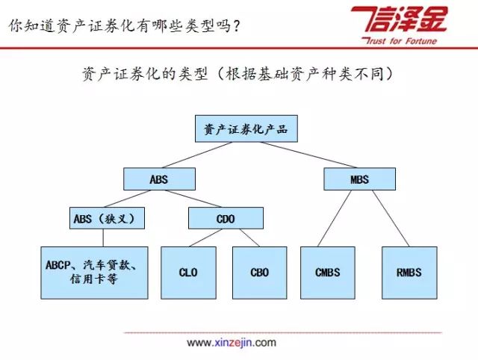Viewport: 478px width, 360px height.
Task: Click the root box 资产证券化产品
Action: pyautogui.click(x=246, y=128)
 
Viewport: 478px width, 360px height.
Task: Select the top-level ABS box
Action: pyautogui.click(x=159, y=179)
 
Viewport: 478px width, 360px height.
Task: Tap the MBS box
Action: pyautogui.click(x=360, y=179)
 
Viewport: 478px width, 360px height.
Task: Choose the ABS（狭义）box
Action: pyautogui.click(x=107, y=218)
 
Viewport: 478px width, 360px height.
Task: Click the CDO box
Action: pyautogui.click(x=226, y=218)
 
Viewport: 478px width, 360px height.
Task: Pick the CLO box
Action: pyautogui.click(x=188, y=273)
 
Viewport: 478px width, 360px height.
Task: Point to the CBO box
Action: pyautogui.click(x=260, y=273)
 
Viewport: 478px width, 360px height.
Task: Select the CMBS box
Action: pyautogui.click(x=328, y=273)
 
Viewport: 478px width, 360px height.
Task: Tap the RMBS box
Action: pyautogui.click(x=409, y=273)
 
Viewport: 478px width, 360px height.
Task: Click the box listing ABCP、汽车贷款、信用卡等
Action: pyautogui.click(x=95, y=273)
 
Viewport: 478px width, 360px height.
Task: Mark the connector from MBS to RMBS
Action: pyautogui.click(x=391, y=218)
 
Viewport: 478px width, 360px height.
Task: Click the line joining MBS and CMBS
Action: pyautogui.click(x=335, y=218)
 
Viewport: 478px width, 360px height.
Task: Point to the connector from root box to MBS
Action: pyautogui.click(x=308, y=155)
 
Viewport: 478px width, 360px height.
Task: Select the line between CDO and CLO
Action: pyautogui.click(x=205, y=238)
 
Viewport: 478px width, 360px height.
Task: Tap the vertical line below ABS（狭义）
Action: pyautogui.click(x=103, y=238)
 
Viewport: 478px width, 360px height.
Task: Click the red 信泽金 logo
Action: pyautogui.click(x=400, y=19)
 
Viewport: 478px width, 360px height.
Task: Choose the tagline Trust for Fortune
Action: pyautogui.click(x=399, y=41)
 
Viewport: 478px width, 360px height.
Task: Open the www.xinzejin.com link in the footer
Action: pyautogui.click(x=232, y=343)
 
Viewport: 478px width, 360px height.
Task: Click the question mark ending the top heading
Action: pyautogui.click(x=235, y=26)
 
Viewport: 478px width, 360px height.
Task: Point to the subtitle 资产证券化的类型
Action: pyautogui.click(x=145, y=74)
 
